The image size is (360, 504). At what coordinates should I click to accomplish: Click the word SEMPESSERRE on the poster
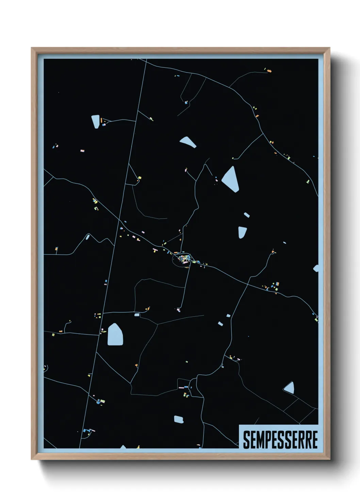280,440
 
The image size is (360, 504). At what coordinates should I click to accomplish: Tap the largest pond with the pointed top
115,335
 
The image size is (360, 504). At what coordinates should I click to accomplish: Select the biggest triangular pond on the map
231,179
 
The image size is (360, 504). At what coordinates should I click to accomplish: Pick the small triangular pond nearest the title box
289,388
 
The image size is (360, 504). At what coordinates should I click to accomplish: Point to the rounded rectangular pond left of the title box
179,419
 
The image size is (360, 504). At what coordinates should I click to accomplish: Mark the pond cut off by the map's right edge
316,268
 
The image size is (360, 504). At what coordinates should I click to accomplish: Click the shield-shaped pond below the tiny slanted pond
242,232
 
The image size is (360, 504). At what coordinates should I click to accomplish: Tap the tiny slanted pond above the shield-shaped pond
247,215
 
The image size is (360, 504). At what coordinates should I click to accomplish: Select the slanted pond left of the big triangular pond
188,142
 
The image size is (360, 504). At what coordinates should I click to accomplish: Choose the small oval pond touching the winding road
88,236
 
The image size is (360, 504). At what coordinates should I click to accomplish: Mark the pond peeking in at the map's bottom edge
123,447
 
